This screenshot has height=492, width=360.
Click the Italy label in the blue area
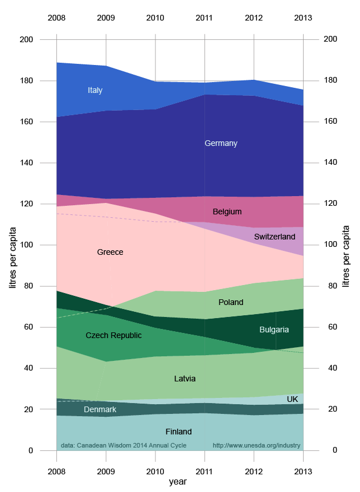95,90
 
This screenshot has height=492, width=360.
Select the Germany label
221,143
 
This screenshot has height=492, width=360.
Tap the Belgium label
227,212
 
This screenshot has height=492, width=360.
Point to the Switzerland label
275,236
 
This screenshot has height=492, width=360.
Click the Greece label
110,252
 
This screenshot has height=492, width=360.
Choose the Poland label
231,302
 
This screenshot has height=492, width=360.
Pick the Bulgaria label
274,330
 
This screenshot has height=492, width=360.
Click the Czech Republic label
113,335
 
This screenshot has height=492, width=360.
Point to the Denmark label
100,409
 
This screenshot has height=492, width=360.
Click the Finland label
178,432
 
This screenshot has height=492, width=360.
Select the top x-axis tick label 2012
254,18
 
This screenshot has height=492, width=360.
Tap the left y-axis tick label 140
43,163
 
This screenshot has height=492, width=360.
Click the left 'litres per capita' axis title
14,245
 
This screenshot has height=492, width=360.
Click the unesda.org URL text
256,445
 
